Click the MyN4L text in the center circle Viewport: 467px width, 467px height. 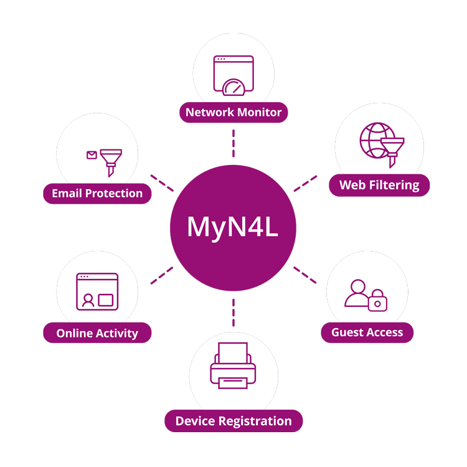tap(233, 227)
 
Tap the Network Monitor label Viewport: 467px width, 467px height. tap(233, 113)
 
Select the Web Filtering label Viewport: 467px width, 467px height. tap(379, 185)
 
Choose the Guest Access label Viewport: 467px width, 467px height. tap(367, 333)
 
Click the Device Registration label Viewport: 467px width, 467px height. tap(233, 421)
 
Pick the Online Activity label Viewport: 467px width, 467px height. tap(97, 333)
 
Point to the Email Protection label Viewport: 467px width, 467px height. tap(97, 193)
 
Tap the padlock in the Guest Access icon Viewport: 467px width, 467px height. tap(377, 302)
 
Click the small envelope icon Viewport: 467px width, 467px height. tap(92, 155)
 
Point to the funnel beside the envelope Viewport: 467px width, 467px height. tap(111, 159)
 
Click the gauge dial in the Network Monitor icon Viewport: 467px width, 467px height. tap(234, 88)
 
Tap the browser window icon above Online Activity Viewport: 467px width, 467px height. tap(97, 291)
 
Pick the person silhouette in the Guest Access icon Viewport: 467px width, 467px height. tap(357, 293)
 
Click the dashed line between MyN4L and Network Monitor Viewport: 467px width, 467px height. tap(233, 143)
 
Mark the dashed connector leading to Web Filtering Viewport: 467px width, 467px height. tap(305, 183)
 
